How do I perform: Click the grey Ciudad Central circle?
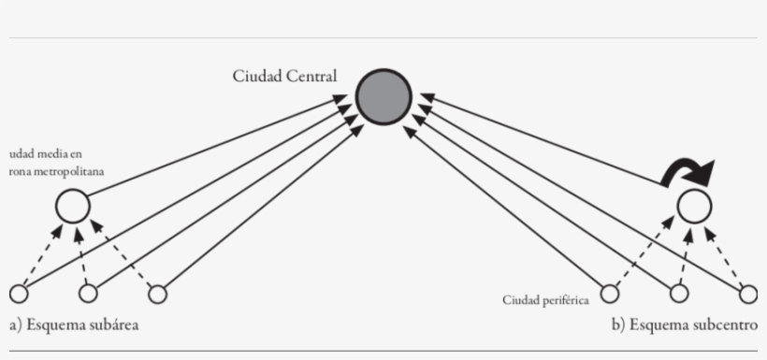tap(383, 96)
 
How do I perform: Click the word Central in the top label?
tap(312, 77)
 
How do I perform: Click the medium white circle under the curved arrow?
tap(694, 206)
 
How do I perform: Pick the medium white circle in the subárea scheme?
tap(72, 206)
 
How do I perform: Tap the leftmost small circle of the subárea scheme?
tap(19, 295)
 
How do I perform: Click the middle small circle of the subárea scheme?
tap(88, 295)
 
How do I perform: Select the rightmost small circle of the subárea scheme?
tap(158, 295)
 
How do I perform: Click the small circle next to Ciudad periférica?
tap(610, 295)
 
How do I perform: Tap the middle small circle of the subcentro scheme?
tap(680, 295)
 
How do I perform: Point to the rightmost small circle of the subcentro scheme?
tap(748, 295)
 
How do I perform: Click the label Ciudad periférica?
tap(545, 300)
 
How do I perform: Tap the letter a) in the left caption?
tap(15, 325)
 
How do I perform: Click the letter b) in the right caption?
tap(617, 325)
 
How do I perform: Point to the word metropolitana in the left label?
tap(74, 172)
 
